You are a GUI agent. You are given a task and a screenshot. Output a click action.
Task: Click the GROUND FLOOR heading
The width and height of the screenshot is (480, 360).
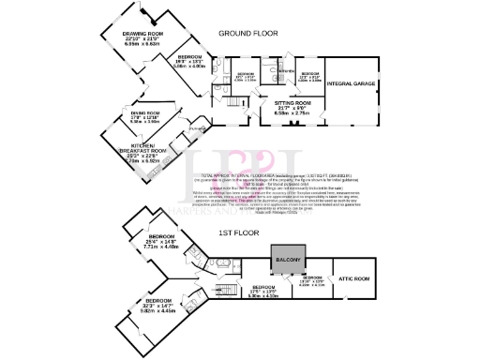[x=248, y=34]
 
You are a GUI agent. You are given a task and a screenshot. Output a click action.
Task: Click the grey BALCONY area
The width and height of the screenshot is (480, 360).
[x=288, y=259]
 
